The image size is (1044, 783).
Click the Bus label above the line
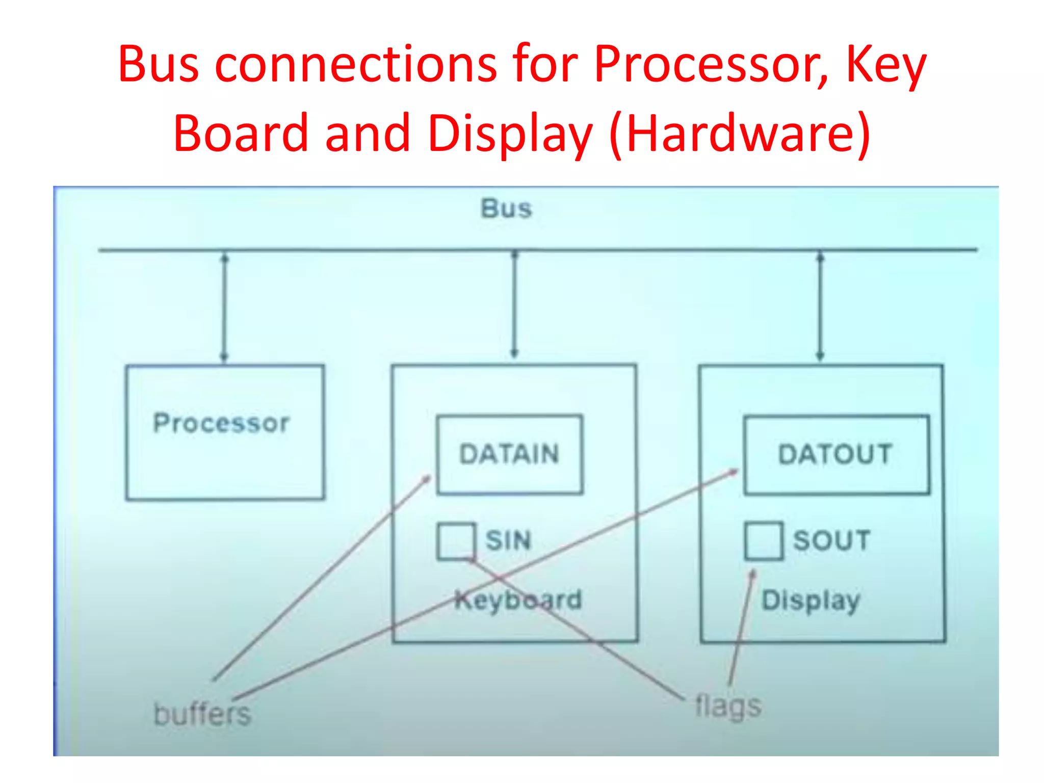click(x=506, y=208)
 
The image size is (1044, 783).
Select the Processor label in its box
click(x=221, y=423)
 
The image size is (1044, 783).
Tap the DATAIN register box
click(x=509, y=454)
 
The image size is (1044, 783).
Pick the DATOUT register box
click(x=836, y=454)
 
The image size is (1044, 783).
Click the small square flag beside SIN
click(x=456, y=541)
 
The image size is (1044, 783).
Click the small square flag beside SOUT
click(x=763, y=541)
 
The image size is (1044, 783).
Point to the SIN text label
click(x=508, y=540)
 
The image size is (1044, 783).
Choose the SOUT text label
click(x=831, y=540)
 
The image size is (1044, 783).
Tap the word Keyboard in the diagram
click(x=518, y=599)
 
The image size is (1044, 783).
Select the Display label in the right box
click(x=811, y=600)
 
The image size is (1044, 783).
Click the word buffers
click(x=202, y=714)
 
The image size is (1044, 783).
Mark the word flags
click(x=728, y=707)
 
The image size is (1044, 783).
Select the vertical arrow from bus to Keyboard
click(x=514, y=304)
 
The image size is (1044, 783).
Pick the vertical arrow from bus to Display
click(x=820, y=306)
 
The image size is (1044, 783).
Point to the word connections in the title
click(x=356, y=65)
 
